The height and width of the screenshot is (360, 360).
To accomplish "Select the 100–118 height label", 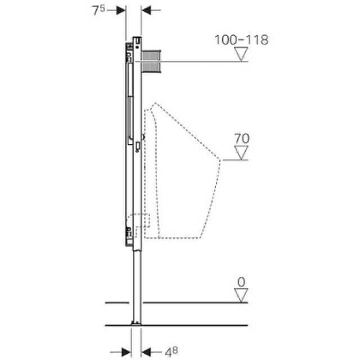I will click(x=241, y=40).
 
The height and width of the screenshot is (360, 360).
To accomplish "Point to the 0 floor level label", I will click(x=241, y=280).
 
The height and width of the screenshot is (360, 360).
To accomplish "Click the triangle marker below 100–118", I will click(x=241, y=54).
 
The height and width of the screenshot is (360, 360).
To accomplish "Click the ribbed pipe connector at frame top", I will click(x=151, y=60).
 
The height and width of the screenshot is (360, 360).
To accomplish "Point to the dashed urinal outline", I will click(x=186, y=169).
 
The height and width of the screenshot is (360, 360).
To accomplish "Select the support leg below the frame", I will click(x=136, y=281).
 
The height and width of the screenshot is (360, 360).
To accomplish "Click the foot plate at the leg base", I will click(x=136, y=323).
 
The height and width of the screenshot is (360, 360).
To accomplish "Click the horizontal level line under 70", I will click(x=235, y=161).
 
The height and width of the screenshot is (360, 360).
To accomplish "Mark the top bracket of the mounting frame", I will click(x=137, y=41).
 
